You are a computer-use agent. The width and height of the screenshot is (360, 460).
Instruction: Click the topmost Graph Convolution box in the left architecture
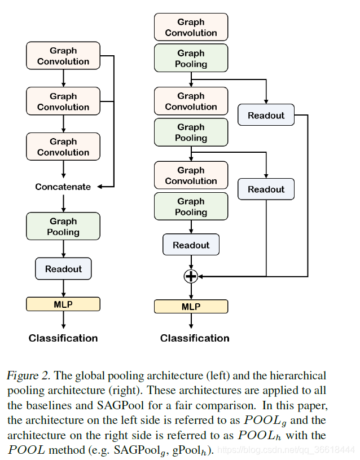pos(63,56)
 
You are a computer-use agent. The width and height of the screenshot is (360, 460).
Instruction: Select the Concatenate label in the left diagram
pos(63,187)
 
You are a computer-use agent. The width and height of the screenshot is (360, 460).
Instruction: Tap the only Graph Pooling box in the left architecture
pos(63,226)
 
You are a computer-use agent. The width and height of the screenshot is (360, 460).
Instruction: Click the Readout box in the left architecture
pos(63,269)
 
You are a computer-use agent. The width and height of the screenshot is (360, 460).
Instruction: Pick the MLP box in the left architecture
pos(63,304)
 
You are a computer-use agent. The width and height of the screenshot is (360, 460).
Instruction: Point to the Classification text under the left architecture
pos(63,338)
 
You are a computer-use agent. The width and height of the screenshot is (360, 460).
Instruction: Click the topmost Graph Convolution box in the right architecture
pos(191,27)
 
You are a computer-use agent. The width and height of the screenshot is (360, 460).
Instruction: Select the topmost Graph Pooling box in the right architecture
pos(191,59)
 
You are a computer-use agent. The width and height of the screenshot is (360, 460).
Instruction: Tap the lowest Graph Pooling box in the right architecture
pos(191,206)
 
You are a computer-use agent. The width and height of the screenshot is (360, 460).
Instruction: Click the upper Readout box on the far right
pos(266,116)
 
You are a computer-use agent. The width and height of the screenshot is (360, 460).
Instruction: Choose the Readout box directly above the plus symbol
pos(191,245)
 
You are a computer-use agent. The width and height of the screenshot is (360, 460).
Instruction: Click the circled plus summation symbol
pos(191,276)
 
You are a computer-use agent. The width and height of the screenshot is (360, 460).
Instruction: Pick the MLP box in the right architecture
pos(191,307)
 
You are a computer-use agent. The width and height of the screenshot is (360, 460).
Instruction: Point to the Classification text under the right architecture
pos(195,338)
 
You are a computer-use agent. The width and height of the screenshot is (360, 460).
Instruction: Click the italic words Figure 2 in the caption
pos(28,375)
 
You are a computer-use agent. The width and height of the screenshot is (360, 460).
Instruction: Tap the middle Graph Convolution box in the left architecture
pos(63,101)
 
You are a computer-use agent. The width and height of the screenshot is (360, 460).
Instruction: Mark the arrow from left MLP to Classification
pos(63,320)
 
